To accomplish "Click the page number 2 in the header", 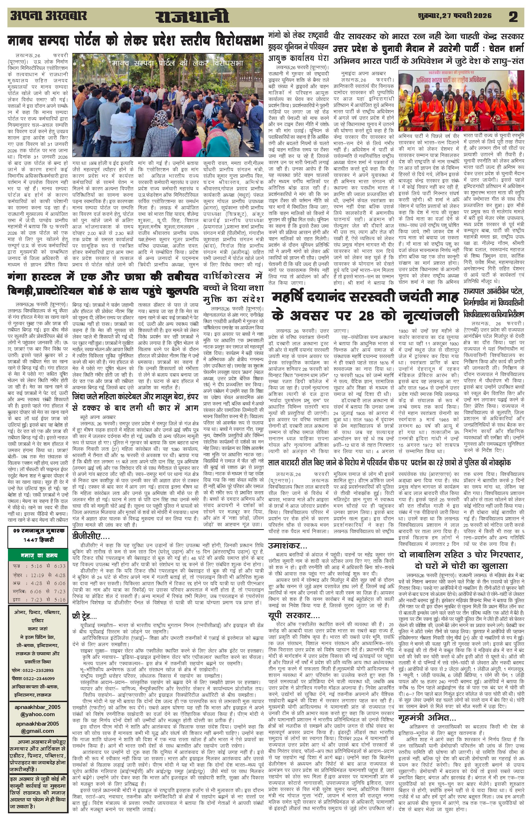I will pyautogui.click(x=513, y=17).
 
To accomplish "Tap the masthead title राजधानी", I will pyautogui.click(x=192, y=17).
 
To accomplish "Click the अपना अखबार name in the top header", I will pyautogui.click(x=49, y=16).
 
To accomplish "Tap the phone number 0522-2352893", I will pyautogui.click(x=38, y=670).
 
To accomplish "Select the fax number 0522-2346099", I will pyautogui.click(x=38, y=678).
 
